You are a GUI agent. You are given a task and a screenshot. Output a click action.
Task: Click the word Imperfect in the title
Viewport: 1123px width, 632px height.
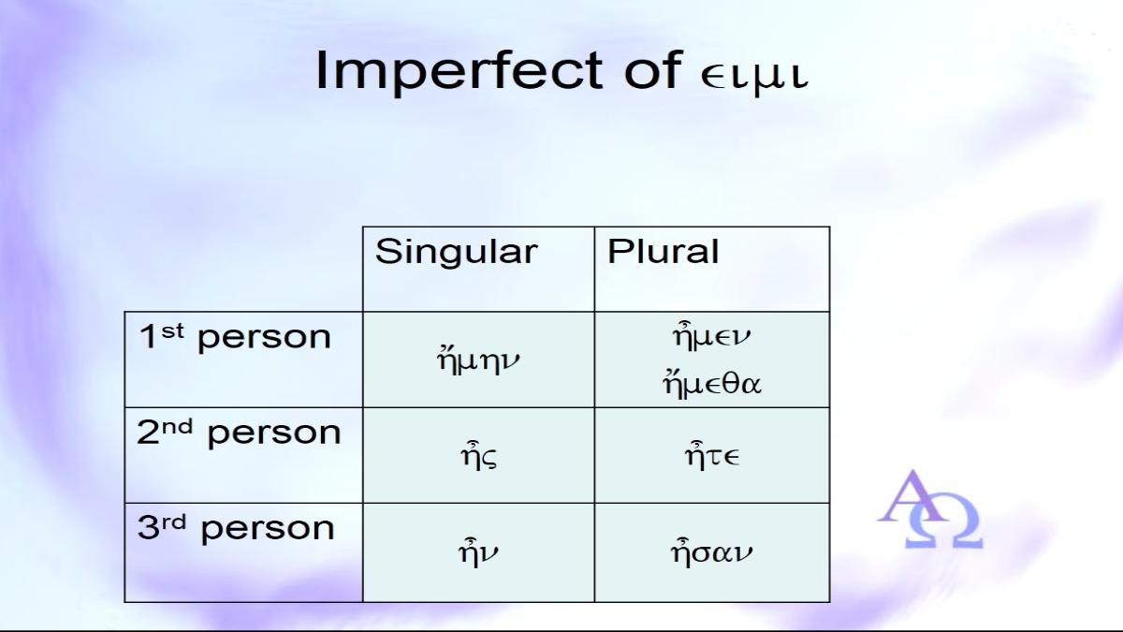click(459, 71)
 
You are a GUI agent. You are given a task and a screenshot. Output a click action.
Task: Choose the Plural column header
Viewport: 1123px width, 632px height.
click(663, 251)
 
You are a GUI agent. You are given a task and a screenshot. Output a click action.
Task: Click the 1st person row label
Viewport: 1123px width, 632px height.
click(235, 337)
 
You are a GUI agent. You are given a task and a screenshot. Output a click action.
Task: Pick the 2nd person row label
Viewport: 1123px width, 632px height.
click(239, 433)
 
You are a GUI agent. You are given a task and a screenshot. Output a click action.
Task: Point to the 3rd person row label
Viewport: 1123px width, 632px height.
click(236, 529)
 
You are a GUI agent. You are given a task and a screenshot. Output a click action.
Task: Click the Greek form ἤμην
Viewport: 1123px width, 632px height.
click(478, 360)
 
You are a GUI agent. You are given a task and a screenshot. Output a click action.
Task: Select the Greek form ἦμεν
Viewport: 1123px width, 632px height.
click(711, 336)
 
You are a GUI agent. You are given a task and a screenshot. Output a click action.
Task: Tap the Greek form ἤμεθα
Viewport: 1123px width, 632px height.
click(712, 384)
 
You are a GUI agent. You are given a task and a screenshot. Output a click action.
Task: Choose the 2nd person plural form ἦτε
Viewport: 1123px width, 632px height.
click(712, 454)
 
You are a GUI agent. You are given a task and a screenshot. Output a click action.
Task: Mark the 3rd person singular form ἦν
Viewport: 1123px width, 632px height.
click(478, 551)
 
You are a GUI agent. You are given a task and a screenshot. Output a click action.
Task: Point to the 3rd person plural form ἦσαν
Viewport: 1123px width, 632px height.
click(712, 551)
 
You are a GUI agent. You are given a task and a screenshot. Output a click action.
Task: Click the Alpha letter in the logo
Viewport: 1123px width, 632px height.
click(910, 495)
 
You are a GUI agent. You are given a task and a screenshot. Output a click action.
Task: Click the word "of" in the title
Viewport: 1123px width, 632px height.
click(652, 70)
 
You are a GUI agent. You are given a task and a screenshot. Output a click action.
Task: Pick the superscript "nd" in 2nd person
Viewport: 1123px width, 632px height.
click(178, 426)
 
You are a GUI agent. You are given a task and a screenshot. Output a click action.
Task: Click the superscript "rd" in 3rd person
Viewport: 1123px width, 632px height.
click(173, 522)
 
